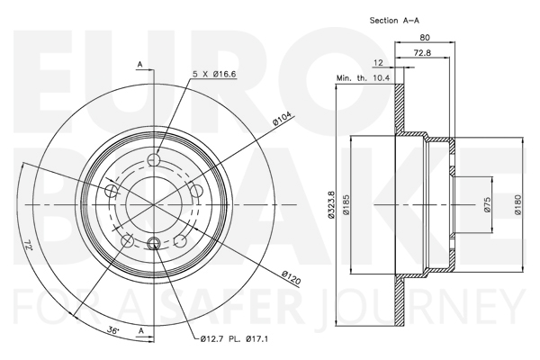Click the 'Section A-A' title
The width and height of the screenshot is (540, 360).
[394, 21]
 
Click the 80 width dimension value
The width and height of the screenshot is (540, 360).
[425, 37]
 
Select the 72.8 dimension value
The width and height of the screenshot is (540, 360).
[422, 53]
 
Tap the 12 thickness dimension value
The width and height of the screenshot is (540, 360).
[378, 63]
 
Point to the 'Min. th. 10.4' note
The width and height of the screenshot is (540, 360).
[363, 78]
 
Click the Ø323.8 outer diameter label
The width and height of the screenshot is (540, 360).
[331, 205]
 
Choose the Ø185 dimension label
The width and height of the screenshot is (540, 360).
[346, 205]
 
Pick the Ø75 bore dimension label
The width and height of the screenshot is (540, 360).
[487, 205]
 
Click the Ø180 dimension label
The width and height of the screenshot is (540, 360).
[518, 205]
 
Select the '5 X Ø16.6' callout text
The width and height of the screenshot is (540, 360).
[214, 74]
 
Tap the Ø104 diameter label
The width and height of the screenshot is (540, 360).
[282, 118]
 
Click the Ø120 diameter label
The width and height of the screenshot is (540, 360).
[291, 278]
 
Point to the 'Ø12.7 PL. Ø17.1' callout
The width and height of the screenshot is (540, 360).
[234, 339]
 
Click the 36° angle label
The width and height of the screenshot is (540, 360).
[112, 330]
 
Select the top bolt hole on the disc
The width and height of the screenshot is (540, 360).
[154, 159]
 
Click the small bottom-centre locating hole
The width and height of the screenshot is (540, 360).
[154, 244]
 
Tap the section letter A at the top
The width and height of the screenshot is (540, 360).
[139, 65]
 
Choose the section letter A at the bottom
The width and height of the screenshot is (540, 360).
[140, 331]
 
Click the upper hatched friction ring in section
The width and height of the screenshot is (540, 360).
[399, 110]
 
